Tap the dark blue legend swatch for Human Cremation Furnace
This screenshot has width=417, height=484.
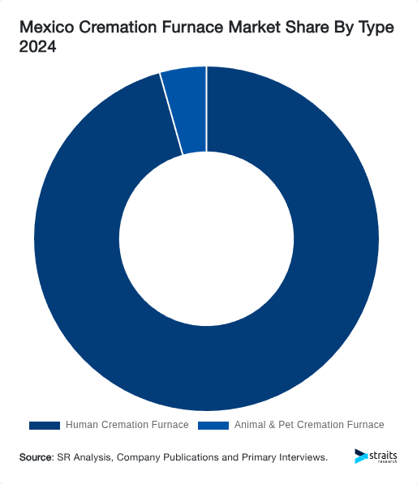click(x=45, y=425)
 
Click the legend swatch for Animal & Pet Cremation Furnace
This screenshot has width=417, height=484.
click(x=213, y=425)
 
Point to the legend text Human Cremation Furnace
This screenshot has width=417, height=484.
click(x=127, y=425)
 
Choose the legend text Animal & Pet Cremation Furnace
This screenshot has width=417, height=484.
click(x=308, y=425)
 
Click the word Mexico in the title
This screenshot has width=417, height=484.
click(x=48, y=28)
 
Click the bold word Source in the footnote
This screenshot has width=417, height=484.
click(x=36, y=457)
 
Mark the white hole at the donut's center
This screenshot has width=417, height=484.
click(x=206, y=240)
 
